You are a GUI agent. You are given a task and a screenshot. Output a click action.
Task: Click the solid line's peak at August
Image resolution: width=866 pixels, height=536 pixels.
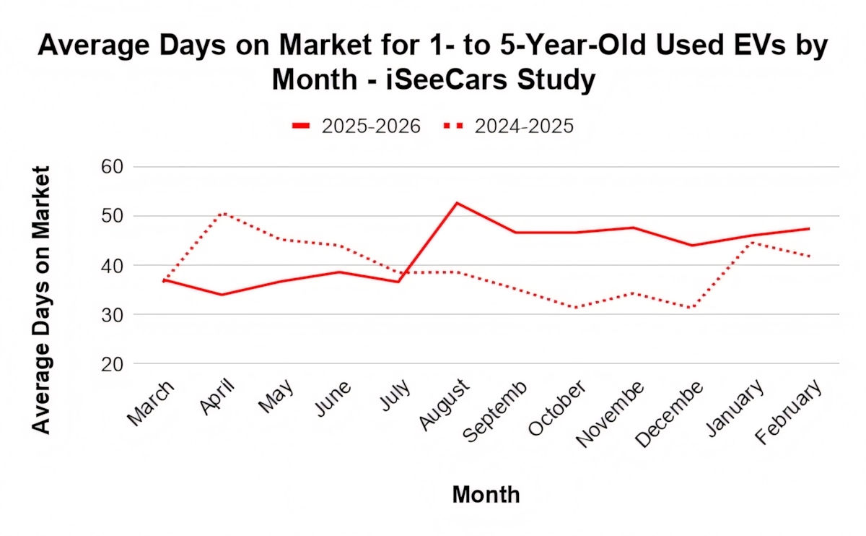point(456,203)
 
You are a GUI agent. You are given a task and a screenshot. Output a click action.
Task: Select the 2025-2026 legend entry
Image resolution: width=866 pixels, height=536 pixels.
point(357,126)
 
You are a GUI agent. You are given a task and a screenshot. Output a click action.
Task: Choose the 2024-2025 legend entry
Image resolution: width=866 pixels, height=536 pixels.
point(508,126)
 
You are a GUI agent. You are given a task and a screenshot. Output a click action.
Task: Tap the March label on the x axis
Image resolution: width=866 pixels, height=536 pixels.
point(151,402)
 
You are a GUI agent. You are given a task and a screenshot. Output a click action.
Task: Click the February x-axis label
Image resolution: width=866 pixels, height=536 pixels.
point(790,410)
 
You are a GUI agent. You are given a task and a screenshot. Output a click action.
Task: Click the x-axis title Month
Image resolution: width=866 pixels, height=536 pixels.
point(486,495)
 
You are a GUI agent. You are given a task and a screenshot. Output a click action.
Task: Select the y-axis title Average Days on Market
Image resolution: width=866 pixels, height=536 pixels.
point(42,300)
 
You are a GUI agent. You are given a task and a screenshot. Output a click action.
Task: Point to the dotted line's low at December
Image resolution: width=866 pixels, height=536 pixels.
point(692,308)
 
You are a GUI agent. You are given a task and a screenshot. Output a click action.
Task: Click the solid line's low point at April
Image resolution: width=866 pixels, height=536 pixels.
point(222,295)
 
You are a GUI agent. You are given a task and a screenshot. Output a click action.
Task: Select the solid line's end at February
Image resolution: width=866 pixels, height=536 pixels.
point(809,228)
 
